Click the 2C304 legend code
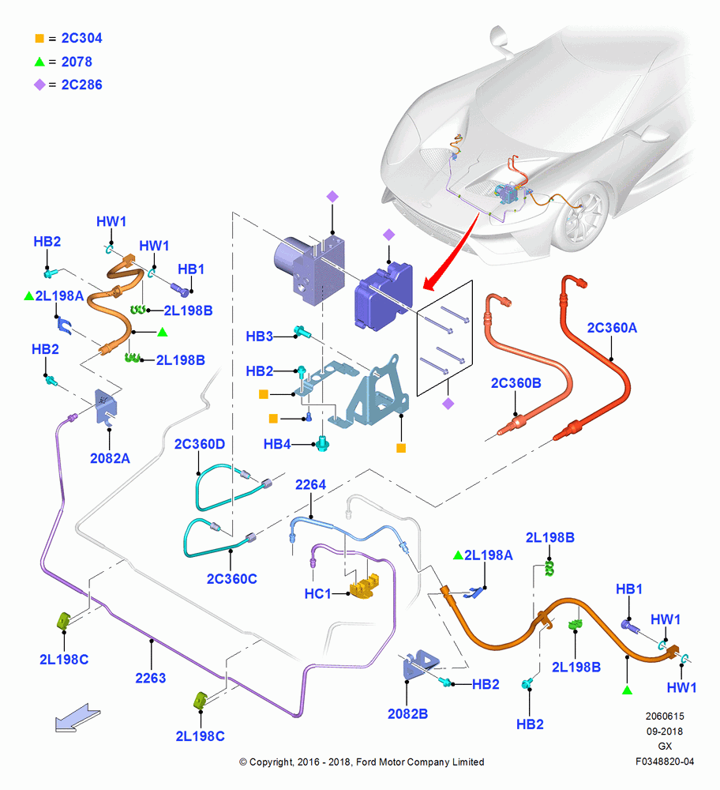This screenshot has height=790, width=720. (x=81, y=38)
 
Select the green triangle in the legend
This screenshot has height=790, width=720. (x=39, y=62)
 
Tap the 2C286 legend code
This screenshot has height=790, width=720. (x=81, y=85)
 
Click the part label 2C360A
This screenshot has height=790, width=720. (x=612, y=328)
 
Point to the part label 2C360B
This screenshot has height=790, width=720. (x=516, y=383)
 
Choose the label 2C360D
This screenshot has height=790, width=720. (x=200, y=444)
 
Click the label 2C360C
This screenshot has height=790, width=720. (x=231, y=579)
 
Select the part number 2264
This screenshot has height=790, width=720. (x=310, y=485)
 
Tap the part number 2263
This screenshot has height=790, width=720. (x=151, y=678)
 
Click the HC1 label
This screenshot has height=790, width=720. (x=317, y=594)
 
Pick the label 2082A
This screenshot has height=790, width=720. (x=110, y=458)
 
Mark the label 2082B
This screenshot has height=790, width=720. (x=408, y=714)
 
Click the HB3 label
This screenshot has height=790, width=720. (x=259, y=337)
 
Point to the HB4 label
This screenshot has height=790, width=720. (x=277, y=444)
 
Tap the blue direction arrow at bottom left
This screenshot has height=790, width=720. (x=77, y=717)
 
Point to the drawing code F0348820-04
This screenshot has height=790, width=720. (x=665, y=762)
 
